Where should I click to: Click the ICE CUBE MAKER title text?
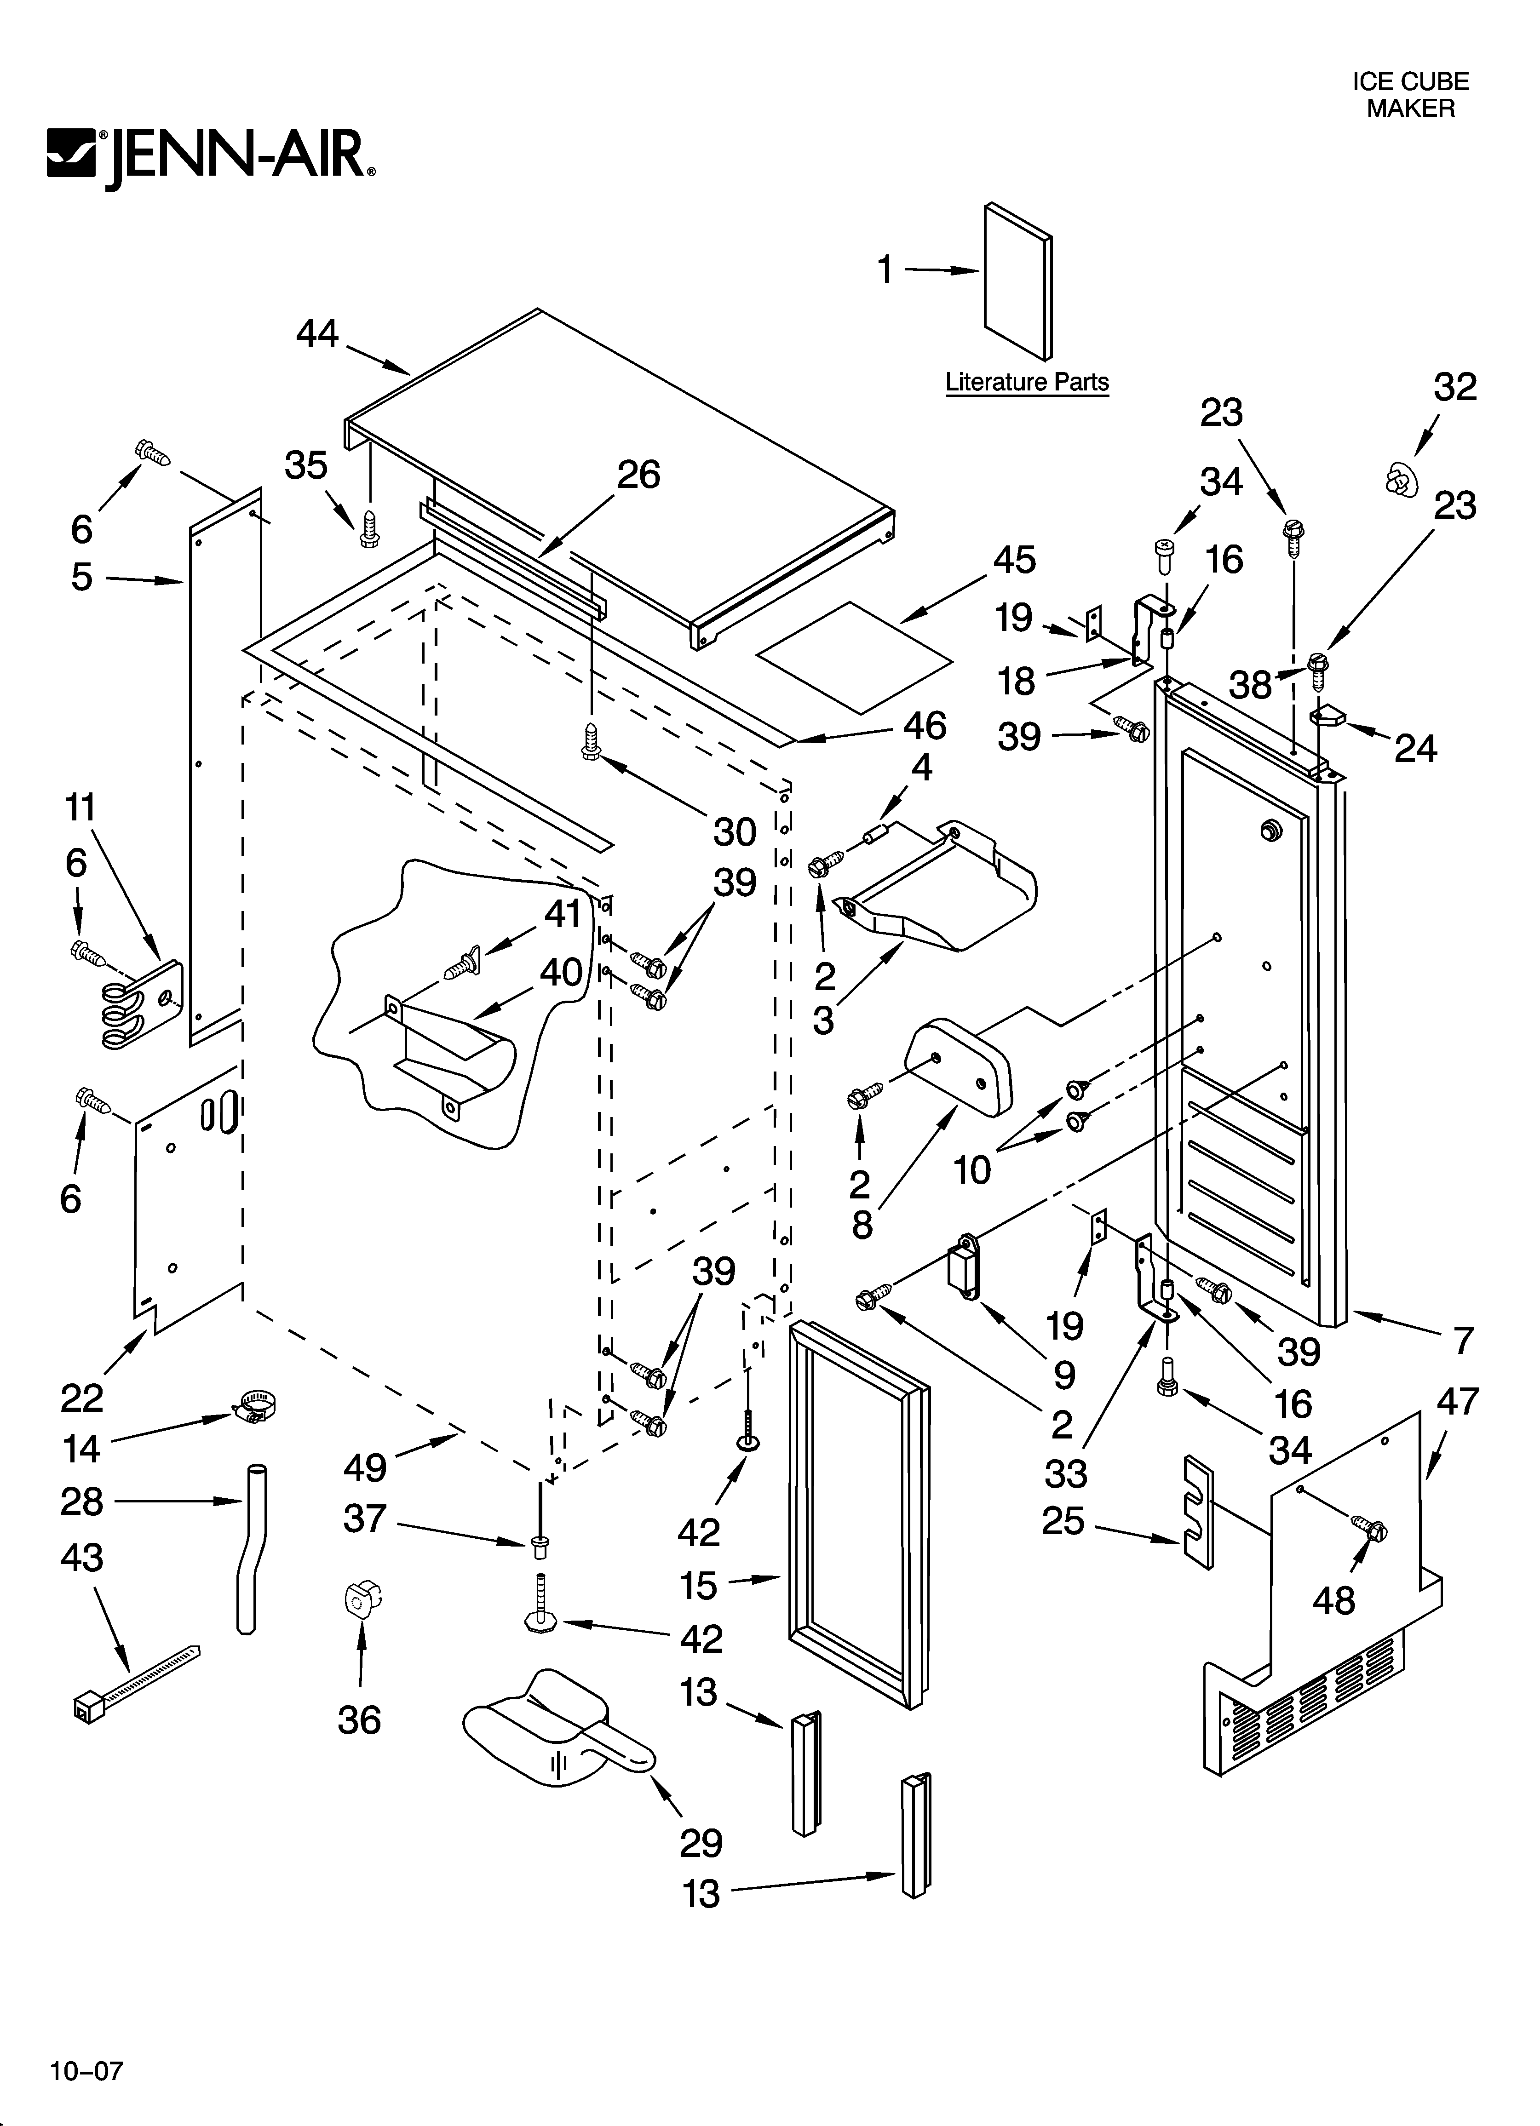[1410, 95]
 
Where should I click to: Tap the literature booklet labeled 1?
[1017, 281]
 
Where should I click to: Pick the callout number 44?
[317, 334]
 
